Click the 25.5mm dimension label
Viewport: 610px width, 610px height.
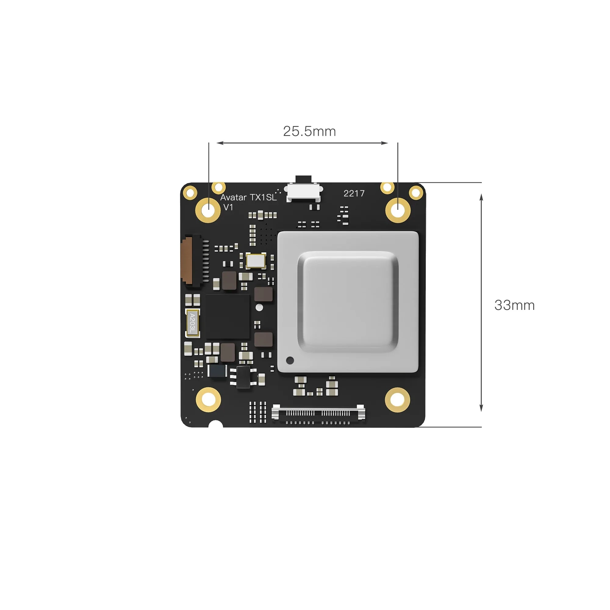tap(309, 131)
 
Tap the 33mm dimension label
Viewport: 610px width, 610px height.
tap(514, 305)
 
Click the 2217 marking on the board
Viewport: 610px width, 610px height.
tap(354, 193)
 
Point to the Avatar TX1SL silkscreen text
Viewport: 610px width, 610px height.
tap(248, 197)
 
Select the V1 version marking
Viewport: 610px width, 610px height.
tap(228, 207)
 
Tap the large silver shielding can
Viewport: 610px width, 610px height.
tap(348, 302)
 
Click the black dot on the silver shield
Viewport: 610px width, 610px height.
tap(290, 360)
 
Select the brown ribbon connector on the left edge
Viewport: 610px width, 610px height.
tap(187, 261)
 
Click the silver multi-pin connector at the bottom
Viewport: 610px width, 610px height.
tap(318, 413)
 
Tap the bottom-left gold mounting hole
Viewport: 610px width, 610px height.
tap(208, 400)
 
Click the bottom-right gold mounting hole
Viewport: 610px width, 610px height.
tap(397, 400)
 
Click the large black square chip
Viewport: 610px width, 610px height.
tap(227, 317)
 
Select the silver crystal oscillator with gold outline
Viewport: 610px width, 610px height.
tap(256, 261)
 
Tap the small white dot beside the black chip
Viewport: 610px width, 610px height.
tap(259, 307)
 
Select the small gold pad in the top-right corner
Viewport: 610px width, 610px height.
tap(416, 192)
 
